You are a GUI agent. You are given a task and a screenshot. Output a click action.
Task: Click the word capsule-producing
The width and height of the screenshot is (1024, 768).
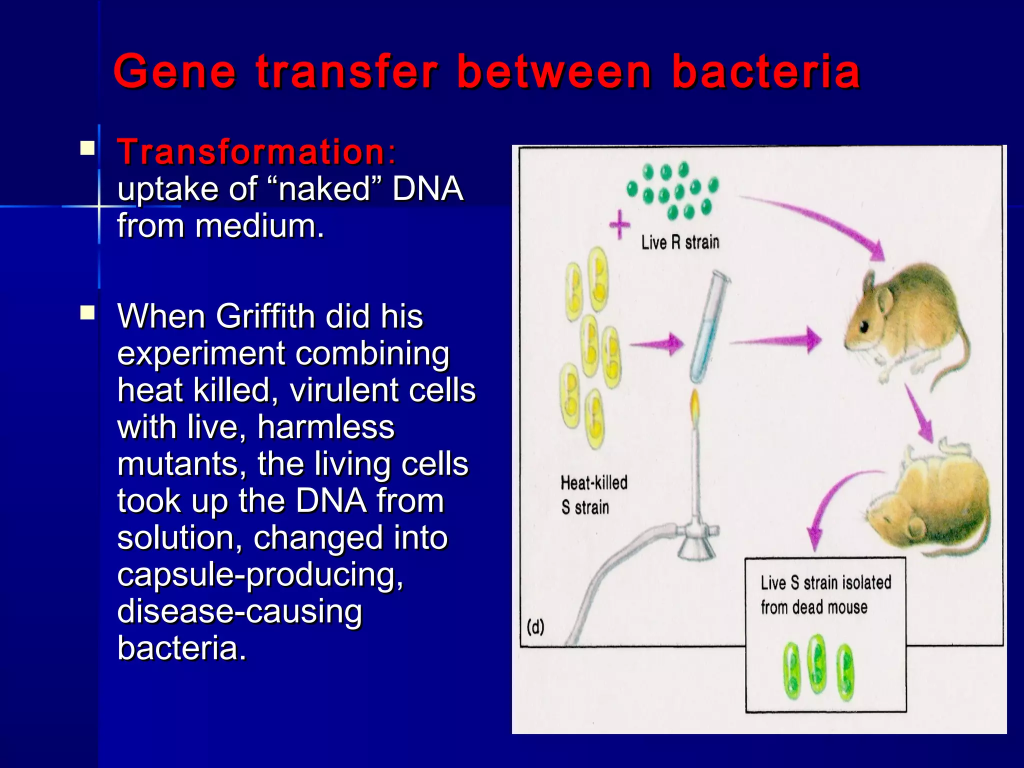click(260, 574)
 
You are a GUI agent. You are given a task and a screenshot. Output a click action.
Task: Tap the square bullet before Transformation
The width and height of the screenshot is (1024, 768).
click(88, 148)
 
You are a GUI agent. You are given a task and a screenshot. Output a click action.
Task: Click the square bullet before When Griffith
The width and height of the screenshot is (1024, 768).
click(88, 313)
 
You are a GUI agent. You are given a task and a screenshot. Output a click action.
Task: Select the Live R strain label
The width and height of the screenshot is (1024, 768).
click(680, 243)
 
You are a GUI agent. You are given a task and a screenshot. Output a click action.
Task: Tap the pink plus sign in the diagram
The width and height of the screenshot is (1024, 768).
click(620, 224)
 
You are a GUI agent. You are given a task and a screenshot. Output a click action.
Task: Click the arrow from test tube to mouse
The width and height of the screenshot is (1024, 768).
click(775, 341)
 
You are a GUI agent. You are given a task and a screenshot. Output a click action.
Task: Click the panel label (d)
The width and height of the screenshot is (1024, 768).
click(535, 626)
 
